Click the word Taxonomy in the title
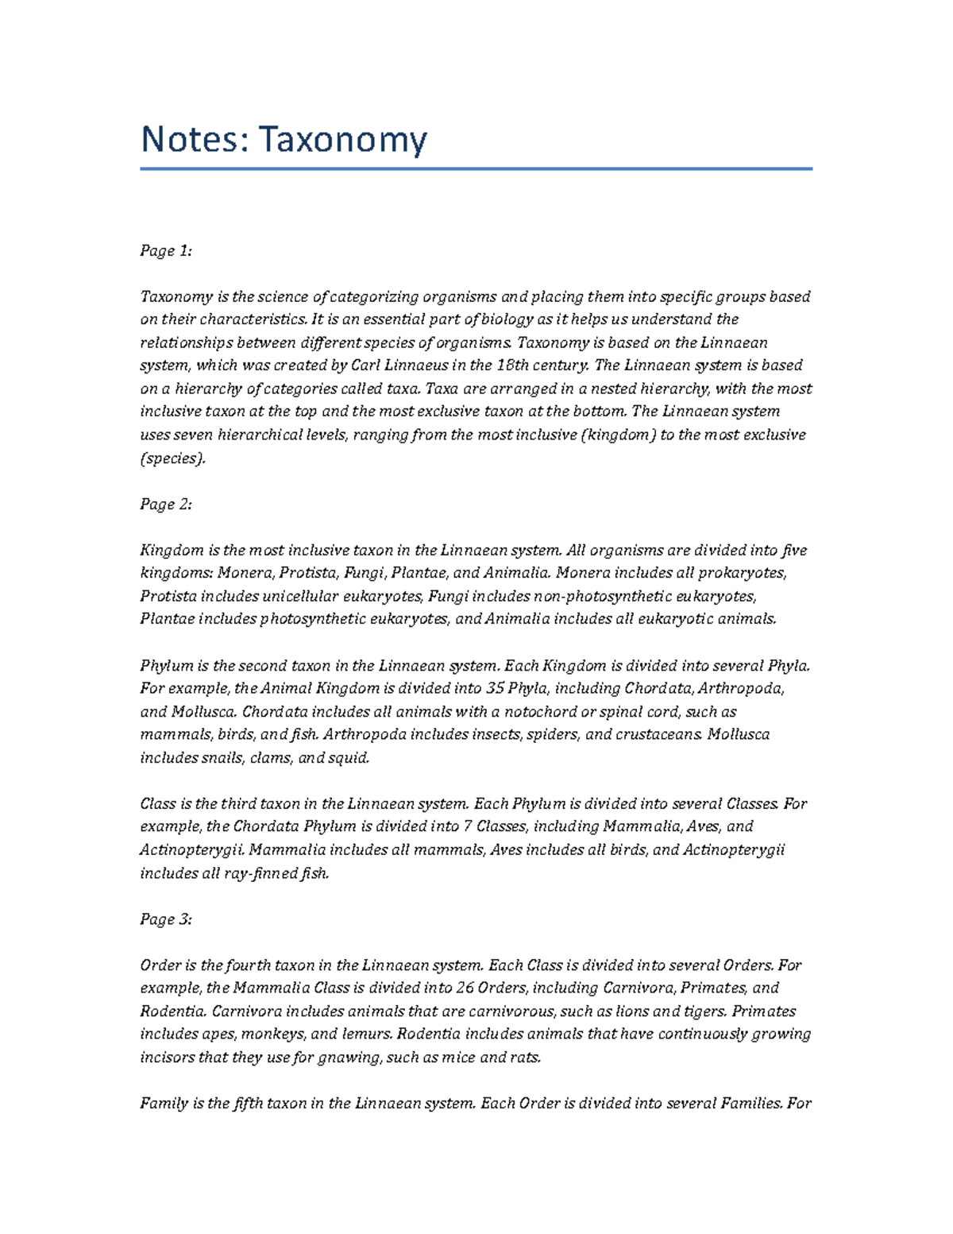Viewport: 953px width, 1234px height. tap(343, 140)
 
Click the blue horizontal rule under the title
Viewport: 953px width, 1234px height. tap(476, 168)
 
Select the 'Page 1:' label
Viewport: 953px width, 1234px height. tap(166, 251)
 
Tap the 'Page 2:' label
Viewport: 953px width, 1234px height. tap(166, 505)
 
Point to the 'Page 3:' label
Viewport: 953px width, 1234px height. tap(166, 919)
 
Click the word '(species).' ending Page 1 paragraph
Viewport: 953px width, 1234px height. tap(172, 458)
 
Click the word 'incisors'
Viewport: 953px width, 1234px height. tap(167, 1058)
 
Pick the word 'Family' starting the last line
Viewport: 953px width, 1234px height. tap(164, 1104)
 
